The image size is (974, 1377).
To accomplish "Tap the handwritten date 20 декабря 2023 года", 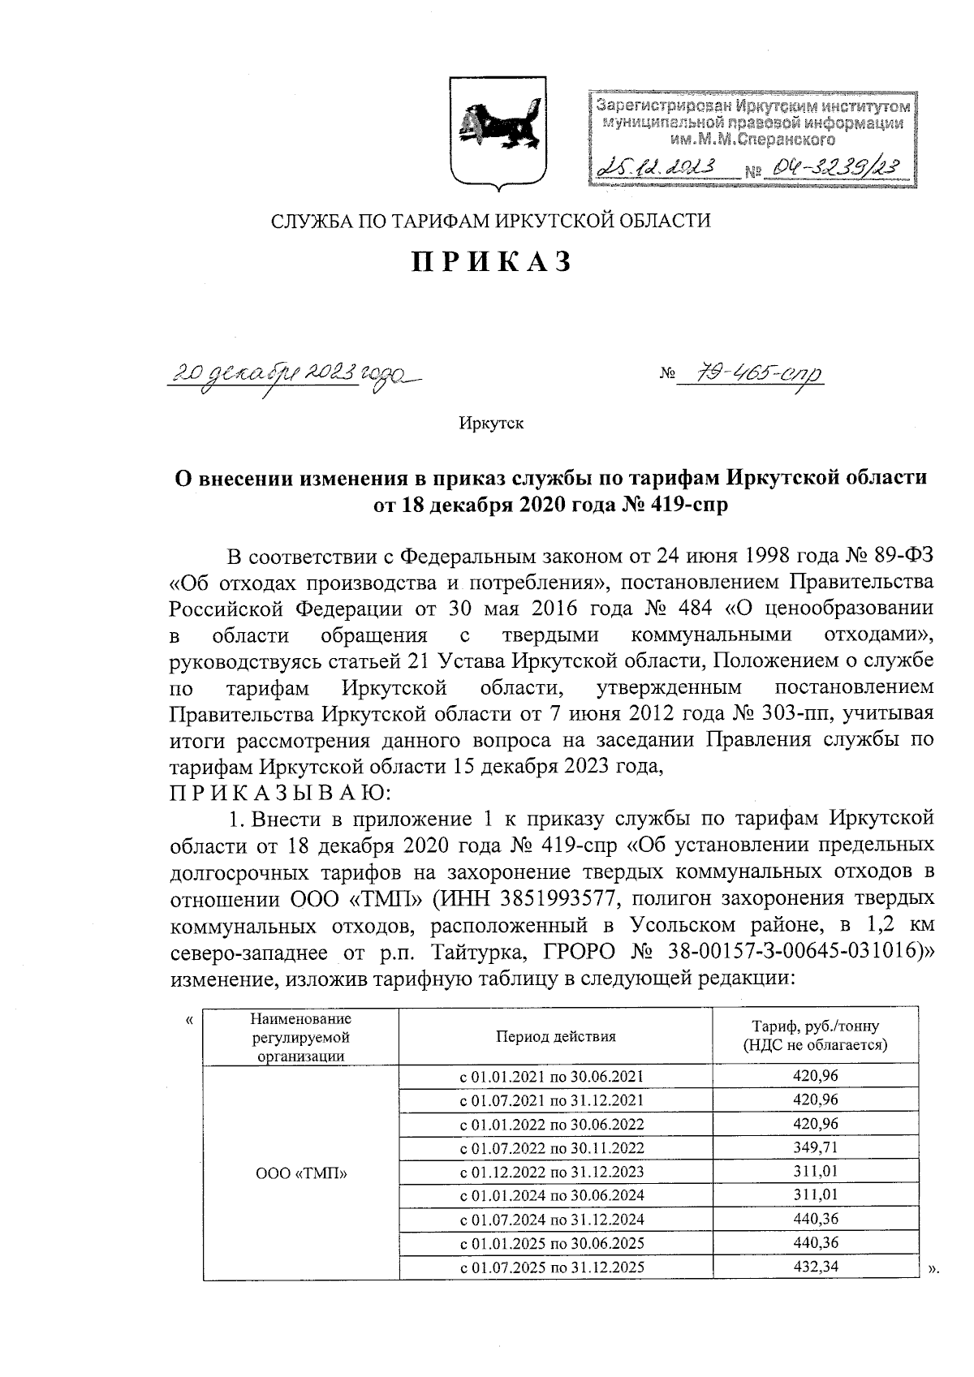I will coord(293,373).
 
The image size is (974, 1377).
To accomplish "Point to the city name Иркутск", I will coord(492,423).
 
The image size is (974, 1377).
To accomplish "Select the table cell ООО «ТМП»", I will coord(300,1172).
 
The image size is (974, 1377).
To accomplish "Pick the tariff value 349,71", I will coord(816,1147).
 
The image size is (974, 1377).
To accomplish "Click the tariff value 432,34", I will coord(816,1267).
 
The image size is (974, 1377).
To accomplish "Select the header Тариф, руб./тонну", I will coord(816,1026).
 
